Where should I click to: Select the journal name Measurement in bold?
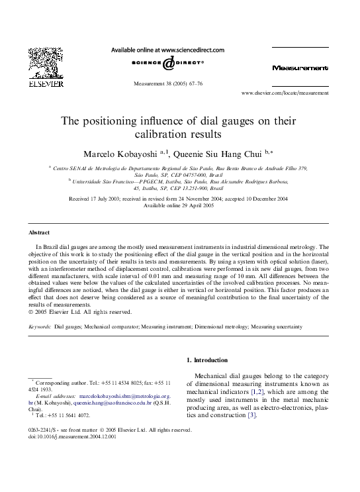pyautogui.click(x=299, y=68)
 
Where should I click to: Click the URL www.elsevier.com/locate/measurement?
pyautogui.click(x=285, y=94)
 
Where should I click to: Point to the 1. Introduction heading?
pyautogui.click(x=206, y=360)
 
